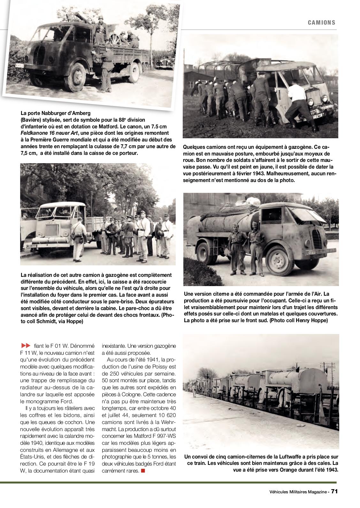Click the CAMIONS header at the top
click(x=322, y=22)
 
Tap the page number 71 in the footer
click(x=334, y=491)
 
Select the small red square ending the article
click(x=143, y=471)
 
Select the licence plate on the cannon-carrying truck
click(x=20, y=65)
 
